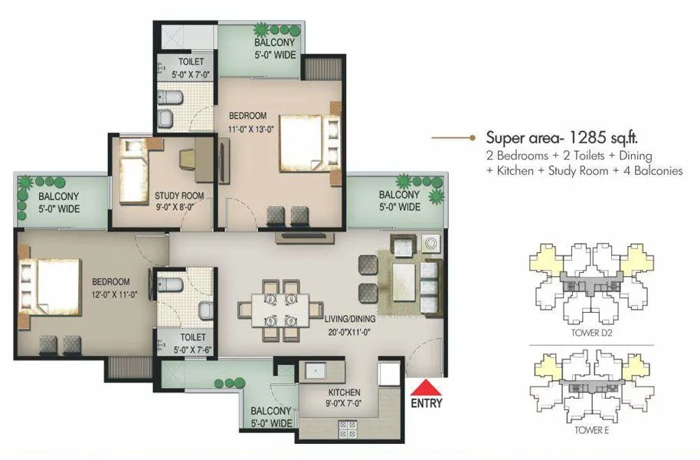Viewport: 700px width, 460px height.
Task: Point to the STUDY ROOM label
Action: click(179, 195)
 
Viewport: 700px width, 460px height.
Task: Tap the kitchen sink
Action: click(315, 371)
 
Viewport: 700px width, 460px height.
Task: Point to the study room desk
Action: click(192, 157)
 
